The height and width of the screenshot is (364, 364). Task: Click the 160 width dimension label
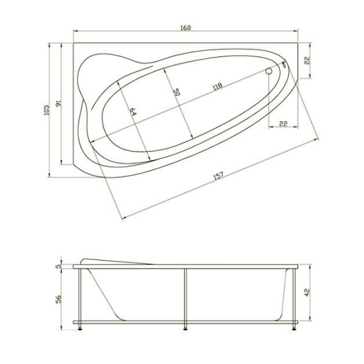tap(185, 27)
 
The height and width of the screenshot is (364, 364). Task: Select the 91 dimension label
tap(59, 105)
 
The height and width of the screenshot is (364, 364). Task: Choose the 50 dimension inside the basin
tap(177, 93)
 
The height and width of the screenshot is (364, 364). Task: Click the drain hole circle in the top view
tap(269, 71)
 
